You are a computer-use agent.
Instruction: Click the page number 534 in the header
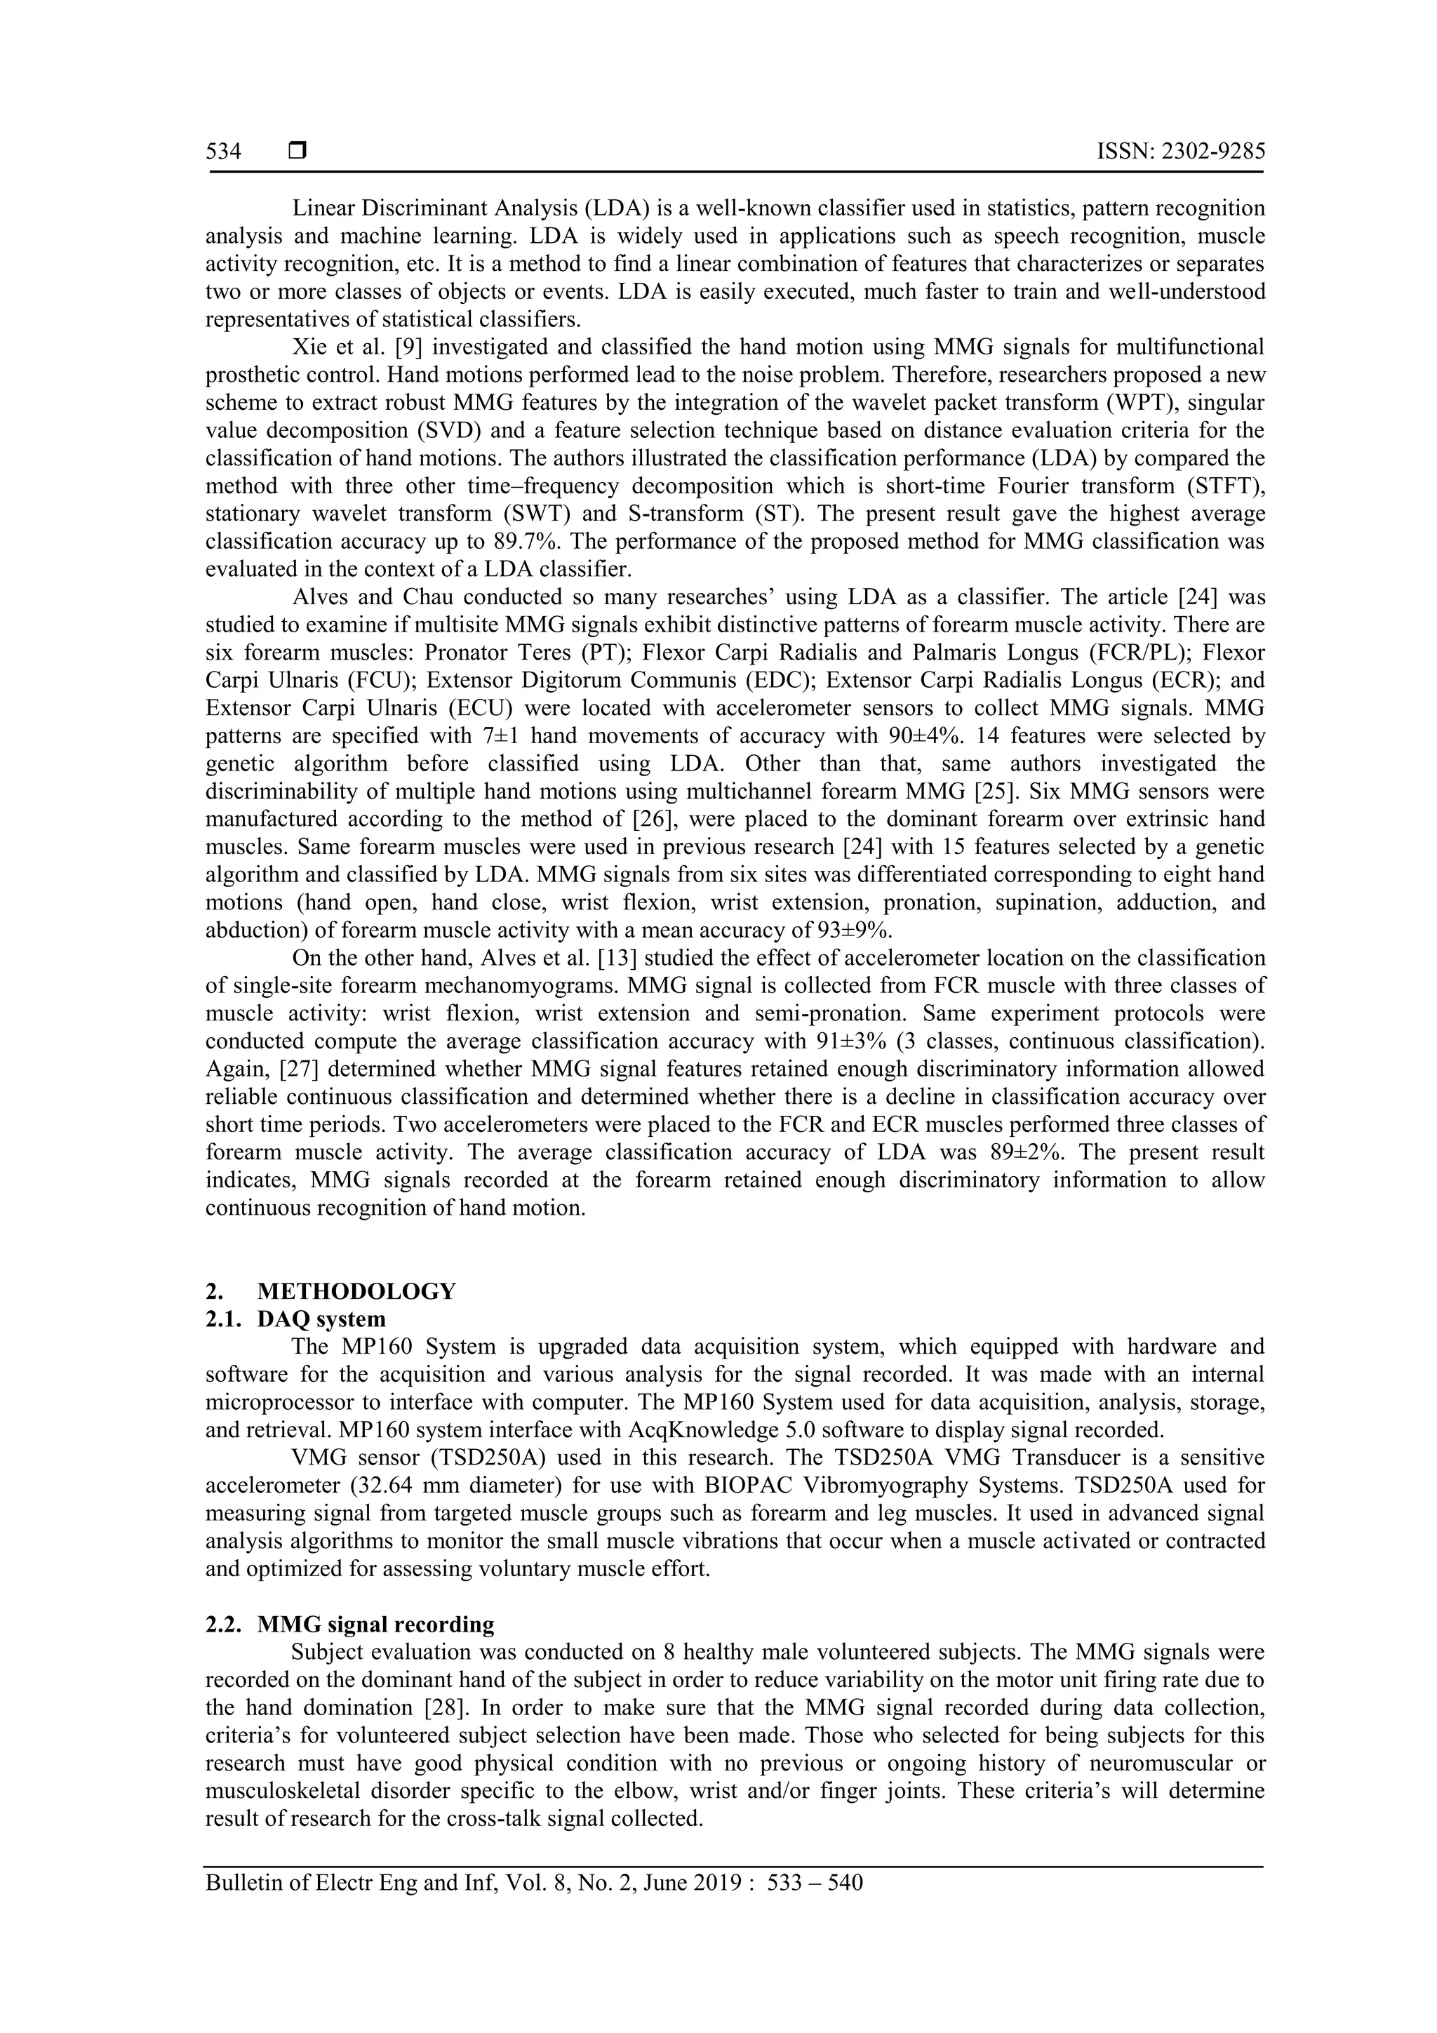[223, 152]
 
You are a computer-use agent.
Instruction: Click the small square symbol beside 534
[298, 152]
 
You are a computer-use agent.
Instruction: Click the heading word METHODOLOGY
[357, 1291]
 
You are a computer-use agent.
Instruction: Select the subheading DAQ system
[321, 1319]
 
